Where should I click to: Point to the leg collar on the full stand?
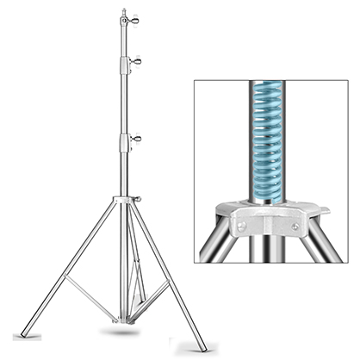(x=127, y=201)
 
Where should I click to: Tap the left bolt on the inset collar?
(x=241, y=226)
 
